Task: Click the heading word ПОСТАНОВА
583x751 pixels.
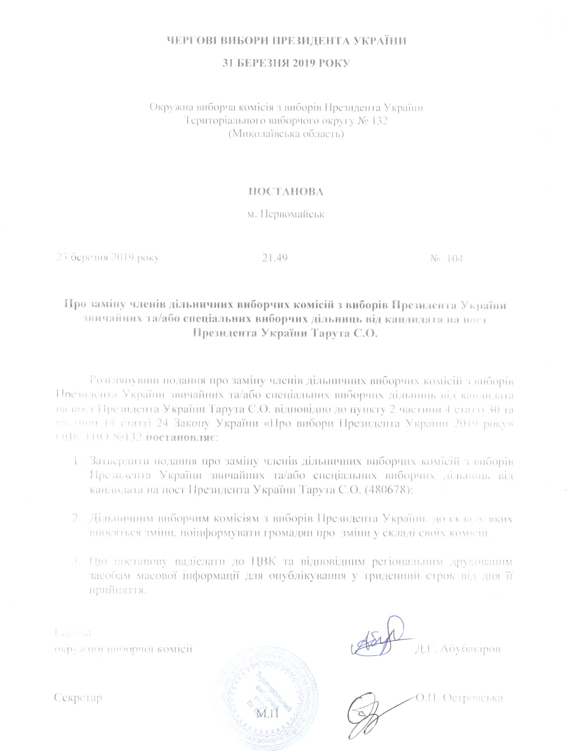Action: [286, 192]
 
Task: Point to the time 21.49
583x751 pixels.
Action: [275, 258]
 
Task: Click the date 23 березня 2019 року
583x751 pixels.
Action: [107, 258]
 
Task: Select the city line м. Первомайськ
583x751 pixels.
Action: [286, 214]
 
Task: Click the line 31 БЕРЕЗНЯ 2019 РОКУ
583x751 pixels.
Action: [286, 63]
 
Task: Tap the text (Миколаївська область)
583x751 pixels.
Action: [286, 134]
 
